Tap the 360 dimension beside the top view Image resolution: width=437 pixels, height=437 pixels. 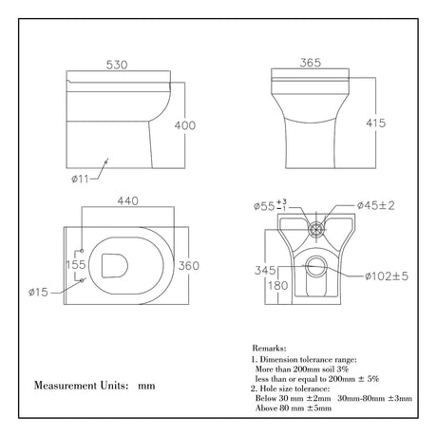click(189, 266)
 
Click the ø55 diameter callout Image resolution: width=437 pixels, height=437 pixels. click(265, 205)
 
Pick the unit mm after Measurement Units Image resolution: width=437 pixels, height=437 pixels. click(145, 387)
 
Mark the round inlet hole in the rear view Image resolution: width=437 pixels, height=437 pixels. click(316, 228)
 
